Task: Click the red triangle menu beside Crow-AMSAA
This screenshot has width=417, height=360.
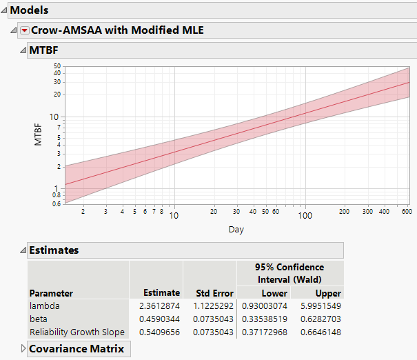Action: click(x=25, y=30)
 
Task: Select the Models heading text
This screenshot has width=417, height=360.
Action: click(x=29, y=10)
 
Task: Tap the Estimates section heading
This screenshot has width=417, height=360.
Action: click(x=54, y=250)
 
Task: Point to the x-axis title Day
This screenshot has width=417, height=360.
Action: click(x=236, y=229)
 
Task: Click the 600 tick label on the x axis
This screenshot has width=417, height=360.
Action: click(x=407, y=212)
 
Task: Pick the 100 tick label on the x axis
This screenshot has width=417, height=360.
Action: click(x=305, y=214)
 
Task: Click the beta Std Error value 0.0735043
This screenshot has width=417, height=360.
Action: click(x=210, y=319)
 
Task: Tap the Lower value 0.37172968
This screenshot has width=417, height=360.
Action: click(x=263, y=332)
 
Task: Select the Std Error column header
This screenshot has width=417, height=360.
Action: click(x=209, y=292)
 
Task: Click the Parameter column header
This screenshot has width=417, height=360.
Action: click(x=51, y=292)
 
